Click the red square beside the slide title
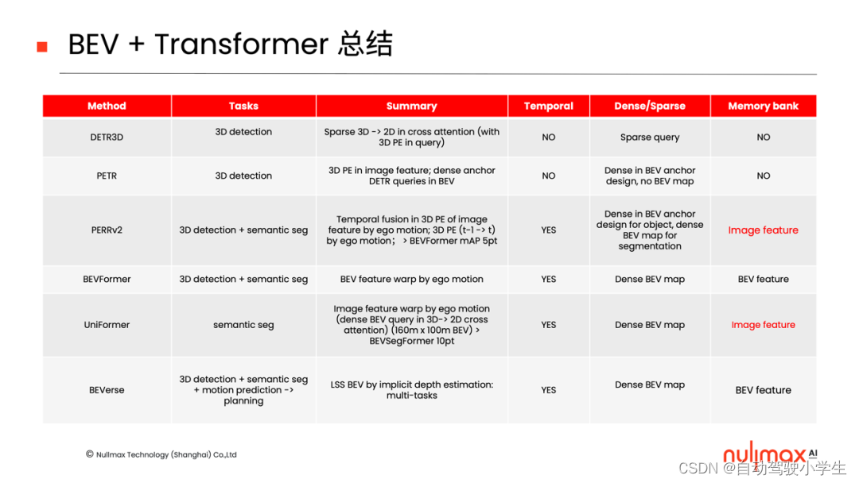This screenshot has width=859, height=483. (42, 47)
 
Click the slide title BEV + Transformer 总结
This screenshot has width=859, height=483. (230, 44)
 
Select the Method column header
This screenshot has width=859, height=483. (107, 106)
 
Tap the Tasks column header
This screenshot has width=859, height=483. (243, 106)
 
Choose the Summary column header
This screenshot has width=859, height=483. (411, 106)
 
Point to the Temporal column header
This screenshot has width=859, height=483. (548, 106)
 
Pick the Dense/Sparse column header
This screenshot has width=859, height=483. (649, 106)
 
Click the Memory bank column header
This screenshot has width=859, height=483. (763, 106)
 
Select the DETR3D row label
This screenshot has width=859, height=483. (107, 137)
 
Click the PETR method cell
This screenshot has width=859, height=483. (107, 176)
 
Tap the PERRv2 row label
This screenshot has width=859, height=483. (107, 230)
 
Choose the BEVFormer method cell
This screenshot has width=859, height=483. (107, 279)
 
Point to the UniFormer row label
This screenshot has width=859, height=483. (107, 325)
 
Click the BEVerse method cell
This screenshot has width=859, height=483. (107, 390)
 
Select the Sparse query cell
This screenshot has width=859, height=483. (650, 137)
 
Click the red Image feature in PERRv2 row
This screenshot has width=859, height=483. (763, 230)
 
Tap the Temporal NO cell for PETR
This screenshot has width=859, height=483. (549, 176)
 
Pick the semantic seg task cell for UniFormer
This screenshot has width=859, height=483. (243, 325)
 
